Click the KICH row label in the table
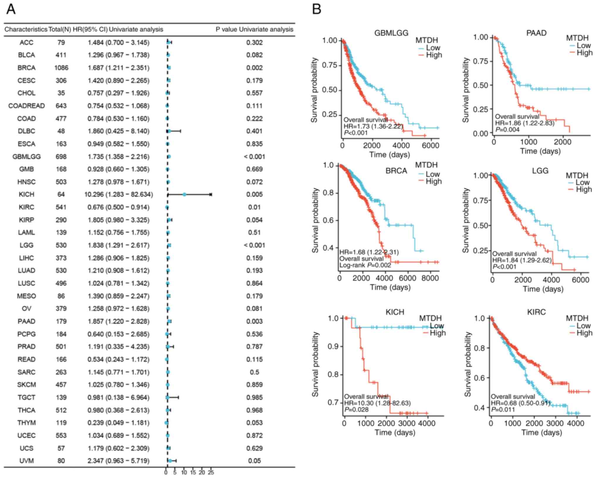tap(26, 194)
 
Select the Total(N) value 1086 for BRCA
tap(61, 68)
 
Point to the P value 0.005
tap(254, 194)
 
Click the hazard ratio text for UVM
tap(118, 461)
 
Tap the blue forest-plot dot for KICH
tap(184, 194)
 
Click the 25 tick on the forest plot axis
tap(211, 472)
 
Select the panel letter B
tap(317, 9)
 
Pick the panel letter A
tap(11, 9)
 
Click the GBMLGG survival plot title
tap(391, 33)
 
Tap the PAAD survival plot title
tap(536, 33)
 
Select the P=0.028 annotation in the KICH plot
tap(356, 409)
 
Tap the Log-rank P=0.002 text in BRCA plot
tap(365, 265)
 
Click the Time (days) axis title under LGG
tap(543, 289)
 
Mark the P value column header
tap(254, 30)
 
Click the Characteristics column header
tap(26, 30)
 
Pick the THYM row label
tap(26, 423)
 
